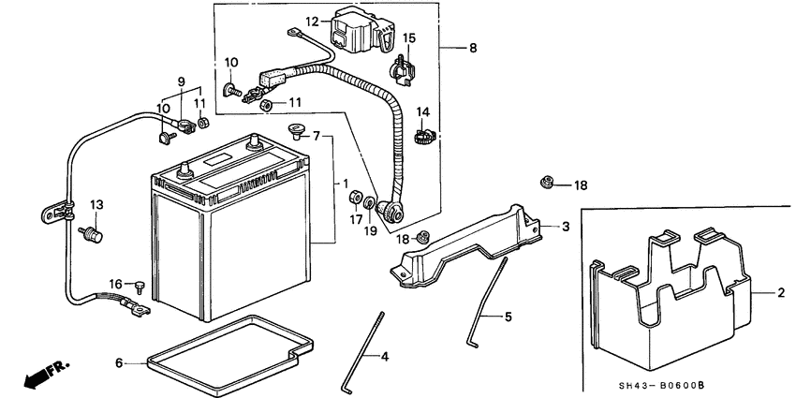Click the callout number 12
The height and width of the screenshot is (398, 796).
tap(312, 21)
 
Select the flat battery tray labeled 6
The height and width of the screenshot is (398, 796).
tap(225, 343)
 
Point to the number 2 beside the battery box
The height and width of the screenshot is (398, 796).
tap(779, 293)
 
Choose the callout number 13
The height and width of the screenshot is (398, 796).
tap(95, 203)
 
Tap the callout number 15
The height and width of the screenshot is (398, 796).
tap(408, 39)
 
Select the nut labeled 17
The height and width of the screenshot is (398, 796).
tap(356, 197)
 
